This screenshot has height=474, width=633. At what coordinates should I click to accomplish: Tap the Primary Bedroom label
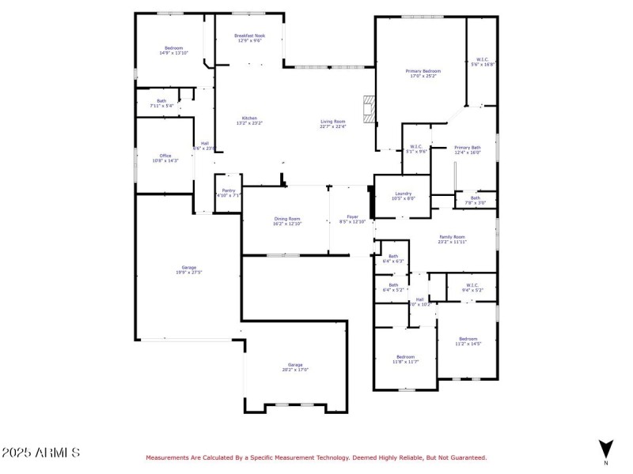[x=425, y=73]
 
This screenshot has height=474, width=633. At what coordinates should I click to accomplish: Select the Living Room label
[x=332, y=123]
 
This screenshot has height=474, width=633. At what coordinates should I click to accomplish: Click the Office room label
[x=165, y=158]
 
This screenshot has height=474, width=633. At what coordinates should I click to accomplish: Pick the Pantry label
[x=229, y=192]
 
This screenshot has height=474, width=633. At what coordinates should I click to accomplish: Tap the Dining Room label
[x=287, y=220]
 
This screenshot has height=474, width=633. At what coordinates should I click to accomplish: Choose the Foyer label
[x=353, y=219]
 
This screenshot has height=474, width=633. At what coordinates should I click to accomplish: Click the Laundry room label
[x=404, y=196]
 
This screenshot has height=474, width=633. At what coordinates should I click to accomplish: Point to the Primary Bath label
[x=467, y=150]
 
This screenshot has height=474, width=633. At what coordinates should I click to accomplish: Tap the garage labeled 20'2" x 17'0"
[x=295, y=367]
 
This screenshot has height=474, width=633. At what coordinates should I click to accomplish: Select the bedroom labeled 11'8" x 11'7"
[x=405, y=359]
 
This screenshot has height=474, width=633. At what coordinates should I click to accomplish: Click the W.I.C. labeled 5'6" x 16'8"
[x=483, y=62]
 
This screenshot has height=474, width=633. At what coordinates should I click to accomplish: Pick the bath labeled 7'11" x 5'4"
[x=161, y=103]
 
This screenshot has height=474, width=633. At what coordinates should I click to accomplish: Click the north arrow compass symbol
[x=606, y=448]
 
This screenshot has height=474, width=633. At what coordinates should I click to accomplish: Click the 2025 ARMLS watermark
[x=40, y=453]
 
